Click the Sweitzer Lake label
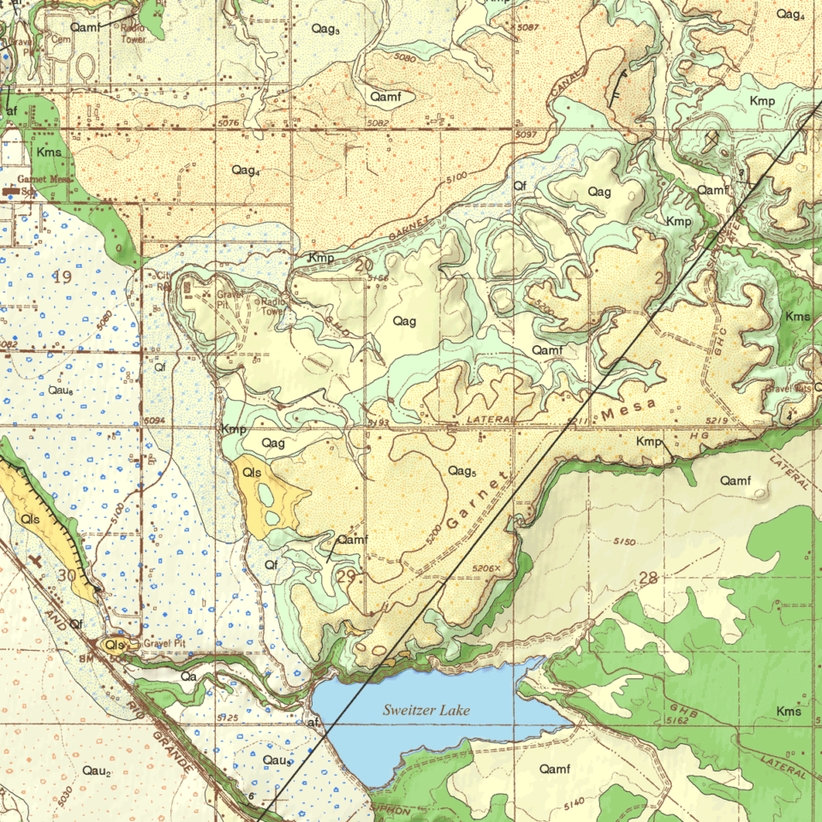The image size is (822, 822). pos(426,710)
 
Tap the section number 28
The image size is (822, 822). pos(648,579)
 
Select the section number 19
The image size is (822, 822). pos(62,276)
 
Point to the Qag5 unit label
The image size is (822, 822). pos(462,471)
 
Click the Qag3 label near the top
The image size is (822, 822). pos(325,29)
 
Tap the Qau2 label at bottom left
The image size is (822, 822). pos(97,771)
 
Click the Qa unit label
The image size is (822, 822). pos(189,676)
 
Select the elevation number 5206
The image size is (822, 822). pos(485,569)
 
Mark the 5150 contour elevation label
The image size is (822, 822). pos(625,541)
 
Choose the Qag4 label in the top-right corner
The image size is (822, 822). pos(789,14)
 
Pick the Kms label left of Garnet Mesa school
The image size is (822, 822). pos(48,152)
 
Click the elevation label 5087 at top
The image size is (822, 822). pos(528,28)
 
